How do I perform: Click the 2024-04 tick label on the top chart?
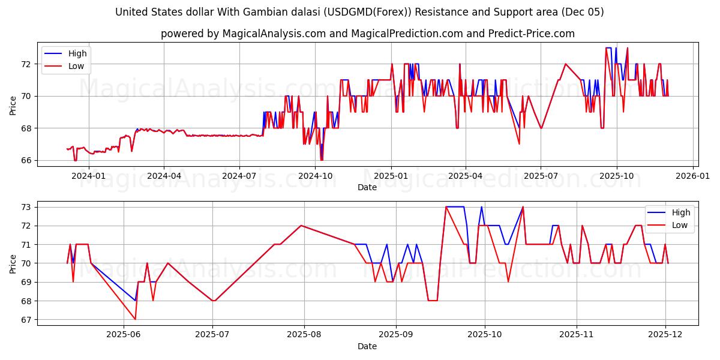click(164, 176)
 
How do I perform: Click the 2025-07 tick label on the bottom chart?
click(213, 335)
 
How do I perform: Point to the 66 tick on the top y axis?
click(28, 160)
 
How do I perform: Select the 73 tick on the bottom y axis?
click(28, 207)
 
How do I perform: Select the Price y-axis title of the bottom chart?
click(13, 263)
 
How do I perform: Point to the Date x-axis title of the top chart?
click(367, 187)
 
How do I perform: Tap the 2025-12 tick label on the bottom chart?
click(667, 335)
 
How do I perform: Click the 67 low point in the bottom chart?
click(135, 319)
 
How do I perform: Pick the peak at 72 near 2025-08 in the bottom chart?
click(301, 226)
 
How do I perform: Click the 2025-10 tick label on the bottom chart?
click(484, 335)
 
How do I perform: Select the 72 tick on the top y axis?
click(28, 64)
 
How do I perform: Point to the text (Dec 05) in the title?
click(583, 12)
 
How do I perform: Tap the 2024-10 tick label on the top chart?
click(315, 176)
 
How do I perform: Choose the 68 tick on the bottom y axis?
click(28, 301)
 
